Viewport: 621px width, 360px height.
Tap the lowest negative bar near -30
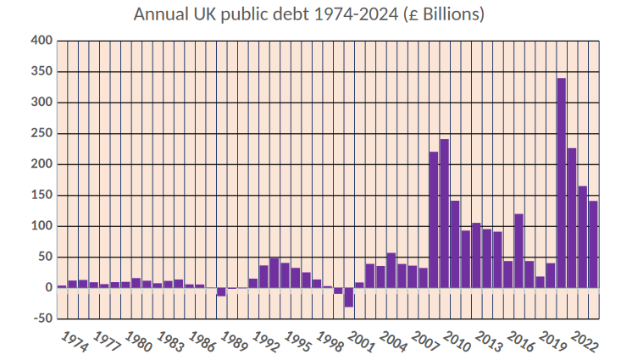pos(348,297)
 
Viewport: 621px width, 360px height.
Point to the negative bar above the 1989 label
pos(221,291)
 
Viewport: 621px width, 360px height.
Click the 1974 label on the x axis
pos(75,341)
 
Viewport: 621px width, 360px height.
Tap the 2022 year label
pos(585,341)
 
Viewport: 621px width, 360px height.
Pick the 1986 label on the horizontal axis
pos(202,341)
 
